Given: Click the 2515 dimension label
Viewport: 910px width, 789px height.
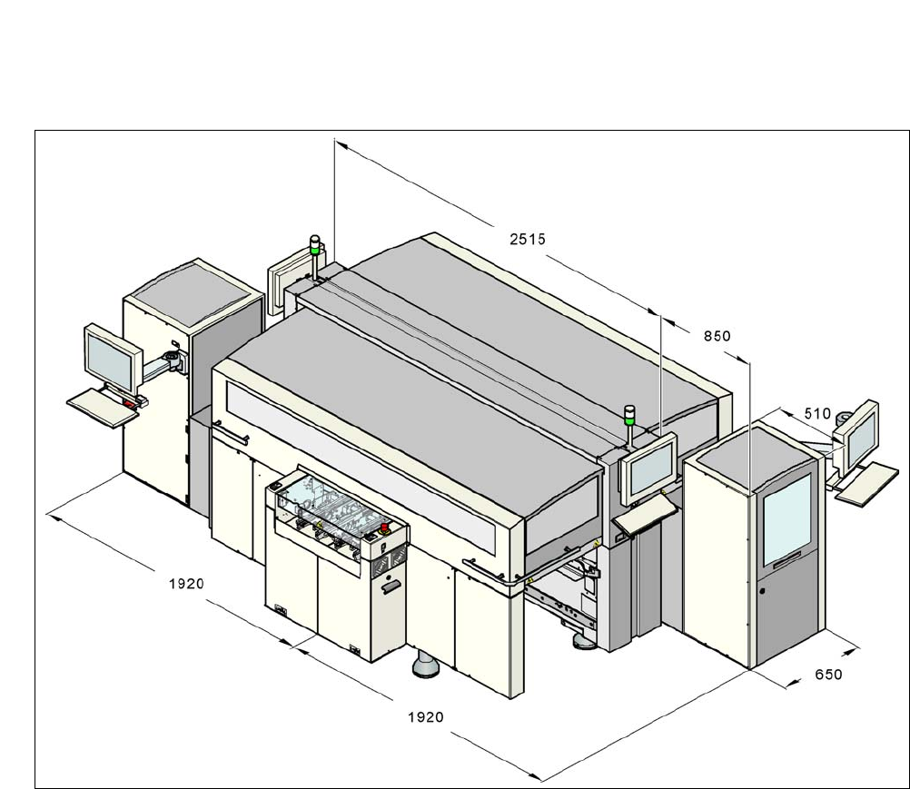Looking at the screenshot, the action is [528, 239].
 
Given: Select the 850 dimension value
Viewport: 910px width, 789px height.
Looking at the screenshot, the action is [717, 336].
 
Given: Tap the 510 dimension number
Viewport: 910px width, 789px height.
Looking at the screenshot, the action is [817, 414].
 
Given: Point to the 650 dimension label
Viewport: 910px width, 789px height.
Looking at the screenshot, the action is [828, 674].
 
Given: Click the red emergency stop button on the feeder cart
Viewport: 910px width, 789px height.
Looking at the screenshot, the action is [383, 527].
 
